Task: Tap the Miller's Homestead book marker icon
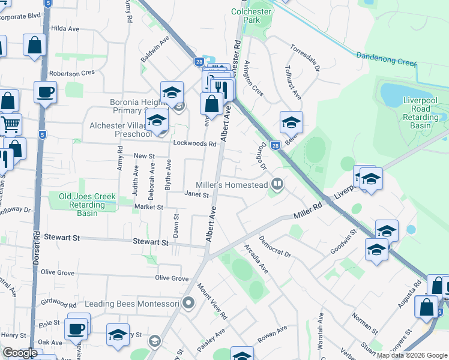(277, 184)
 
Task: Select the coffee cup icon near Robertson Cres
(45, 92)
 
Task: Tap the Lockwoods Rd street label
(194, 144)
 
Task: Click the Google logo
(20, 353)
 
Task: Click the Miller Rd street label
(308, 212)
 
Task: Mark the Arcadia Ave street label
(256, 258)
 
